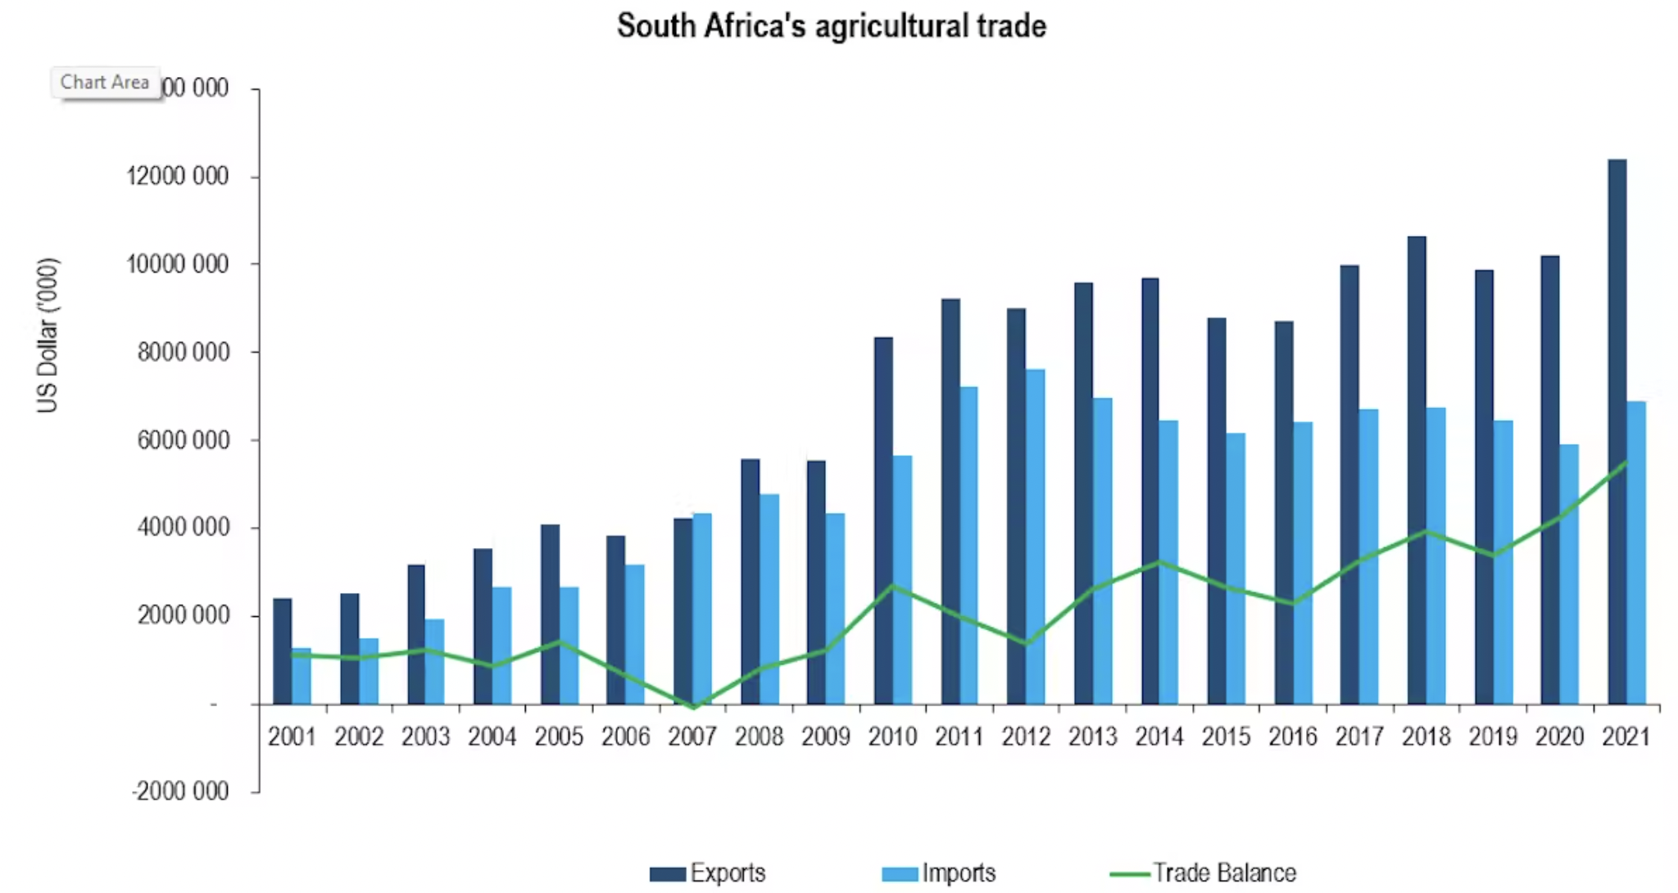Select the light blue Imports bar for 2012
tap(1035, 537)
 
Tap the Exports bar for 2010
tap(883, 520)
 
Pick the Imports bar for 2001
tap(302, 676)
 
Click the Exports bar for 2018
tap(1417, 470)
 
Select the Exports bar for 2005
tap(550, 614)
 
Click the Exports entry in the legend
tap(710, 873)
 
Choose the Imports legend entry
tap(941, 873)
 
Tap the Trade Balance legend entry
tap(1204, 873)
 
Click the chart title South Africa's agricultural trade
tap(831, 26)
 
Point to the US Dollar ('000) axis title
tap(48, 335)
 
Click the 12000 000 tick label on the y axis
tap(178, 176)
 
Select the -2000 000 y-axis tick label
tap(180, 791)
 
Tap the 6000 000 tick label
tap(184, 440)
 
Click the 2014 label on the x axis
tap(1159, 737)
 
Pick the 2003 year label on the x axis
tap(425, 737)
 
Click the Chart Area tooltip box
tap(105, 83)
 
